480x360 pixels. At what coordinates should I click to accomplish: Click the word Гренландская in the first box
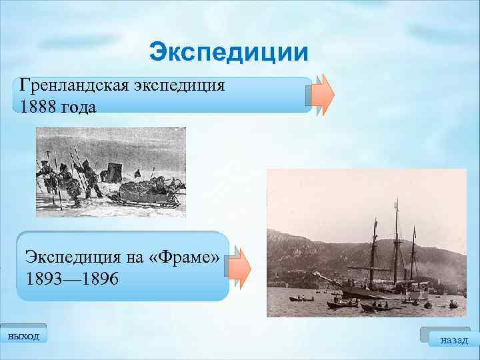[x=69, y=87]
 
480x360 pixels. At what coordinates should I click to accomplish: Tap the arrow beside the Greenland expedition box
[x=323, y=95]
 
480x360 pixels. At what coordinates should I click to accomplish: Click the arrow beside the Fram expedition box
[x=241, y=267]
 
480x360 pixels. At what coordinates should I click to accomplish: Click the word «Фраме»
[x=181, y=257]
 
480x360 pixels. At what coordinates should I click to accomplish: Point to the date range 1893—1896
[x=72, y=279]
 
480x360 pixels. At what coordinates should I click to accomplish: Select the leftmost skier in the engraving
[x=45, y=177]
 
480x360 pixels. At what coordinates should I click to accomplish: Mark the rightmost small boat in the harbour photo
[x=453, y=305]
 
